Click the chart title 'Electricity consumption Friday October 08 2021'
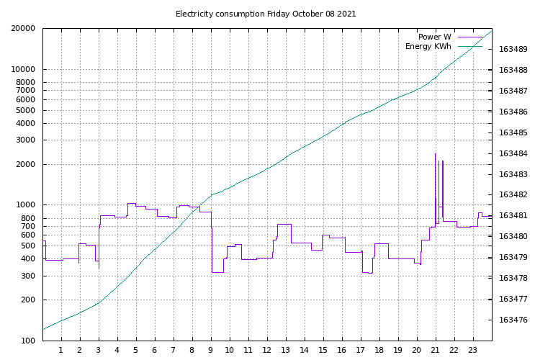click(x=266, y=14)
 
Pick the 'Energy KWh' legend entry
click(x=428, y=47)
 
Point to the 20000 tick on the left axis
click(x=24, y=29)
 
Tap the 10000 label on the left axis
click(x=24, y=70)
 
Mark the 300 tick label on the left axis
click(x=28, y=276)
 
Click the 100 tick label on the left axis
click(x=28, y=341)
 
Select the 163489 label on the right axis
click(x=513, y=50)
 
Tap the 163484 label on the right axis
click(x=513, y=154)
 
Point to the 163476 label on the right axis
click(x=513, y=320)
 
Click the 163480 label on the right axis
click(x=513, y=237)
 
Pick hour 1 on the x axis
click(x=61, y=351)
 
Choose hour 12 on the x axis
click(x=267, y=351)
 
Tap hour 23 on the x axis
click(x=473, y=351)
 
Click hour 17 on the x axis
click(x=361, y=351)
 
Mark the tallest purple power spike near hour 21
click(x=435, y=154)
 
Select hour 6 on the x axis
click(x=155, y=351)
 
